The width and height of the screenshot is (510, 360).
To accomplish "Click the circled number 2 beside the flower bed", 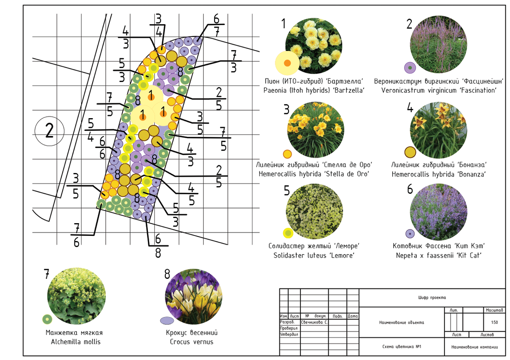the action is (x=49, y=131).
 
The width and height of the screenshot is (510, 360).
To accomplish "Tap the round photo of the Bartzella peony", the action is (x=314, y=45).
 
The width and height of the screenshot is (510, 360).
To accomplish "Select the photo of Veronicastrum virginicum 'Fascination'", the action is (x=439, y=44).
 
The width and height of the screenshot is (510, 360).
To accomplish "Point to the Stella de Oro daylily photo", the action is (x=315, y=130).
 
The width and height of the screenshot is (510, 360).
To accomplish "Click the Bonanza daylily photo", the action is (x=439, y=130).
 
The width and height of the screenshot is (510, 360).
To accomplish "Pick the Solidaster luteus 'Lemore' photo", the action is (x=314, y=211).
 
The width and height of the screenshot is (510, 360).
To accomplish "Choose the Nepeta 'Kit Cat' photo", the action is (x=439, y=212).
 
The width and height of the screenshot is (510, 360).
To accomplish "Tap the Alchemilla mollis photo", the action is (x=76, y=296).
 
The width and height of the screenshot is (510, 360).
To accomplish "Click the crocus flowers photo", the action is (x=193, y=297).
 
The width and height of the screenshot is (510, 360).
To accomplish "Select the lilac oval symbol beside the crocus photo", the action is (x=167, y=320).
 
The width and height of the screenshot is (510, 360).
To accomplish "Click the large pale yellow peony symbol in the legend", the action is (x=287, y=63).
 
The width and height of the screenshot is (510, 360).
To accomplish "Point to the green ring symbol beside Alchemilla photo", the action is (x=47, y=319).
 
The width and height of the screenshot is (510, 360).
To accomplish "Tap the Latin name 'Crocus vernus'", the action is (x=192, y=342).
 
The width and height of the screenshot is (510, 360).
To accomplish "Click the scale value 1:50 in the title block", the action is (x=494, y=322).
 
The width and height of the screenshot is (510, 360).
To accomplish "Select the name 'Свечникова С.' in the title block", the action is (x=314, y=322).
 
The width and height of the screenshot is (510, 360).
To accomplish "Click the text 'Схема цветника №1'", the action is (x=402, y=346).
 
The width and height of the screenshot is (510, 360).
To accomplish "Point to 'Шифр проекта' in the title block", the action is (x=432, y=298).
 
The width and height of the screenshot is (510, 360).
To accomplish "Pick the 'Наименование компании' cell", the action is (x=474, y=347).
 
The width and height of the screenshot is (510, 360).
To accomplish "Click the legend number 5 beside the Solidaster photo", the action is (x=286, y=190).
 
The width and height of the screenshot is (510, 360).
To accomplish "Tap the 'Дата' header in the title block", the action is (x=353, y=316).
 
